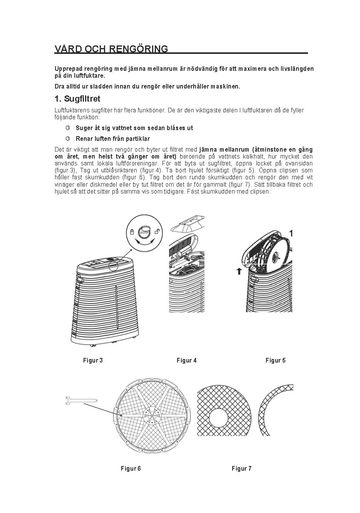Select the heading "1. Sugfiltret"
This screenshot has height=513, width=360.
[x=77, y=99]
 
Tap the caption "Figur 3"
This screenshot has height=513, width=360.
[x=93, y=361]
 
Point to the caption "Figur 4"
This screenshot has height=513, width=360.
[x=187, y=361]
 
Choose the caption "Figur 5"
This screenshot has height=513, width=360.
[x=276, y=361]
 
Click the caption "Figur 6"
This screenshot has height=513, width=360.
[x=131, y=468]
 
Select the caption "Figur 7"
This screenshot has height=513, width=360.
[x=242, y=468]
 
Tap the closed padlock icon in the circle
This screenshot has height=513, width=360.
[x=132, y=232]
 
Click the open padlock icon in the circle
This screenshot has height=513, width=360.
[x=157, y=232]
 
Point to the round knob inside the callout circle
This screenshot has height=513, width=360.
[x=145, y=231]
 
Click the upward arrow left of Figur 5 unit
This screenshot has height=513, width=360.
[x=239, y=271]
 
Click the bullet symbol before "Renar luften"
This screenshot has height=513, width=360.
[x=68, y=139]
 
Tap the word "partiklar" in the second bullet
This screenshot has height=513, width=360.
[x=137, y=139]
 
